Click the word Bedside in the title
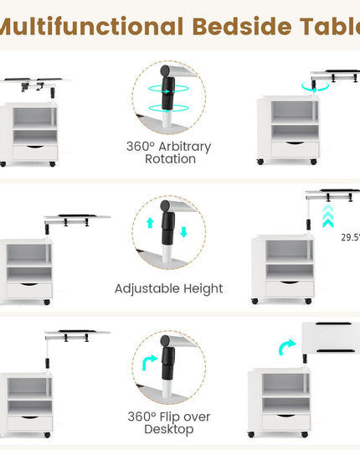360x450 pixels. tap(242, 27)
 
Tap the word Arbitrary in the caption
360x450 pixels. tap(184, 147)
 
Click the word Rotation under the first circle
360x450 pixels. tap(170, 159)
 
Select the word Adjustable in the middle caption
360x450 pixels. tap(147, 289)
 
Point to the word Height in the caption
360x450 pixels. tap(203, 289)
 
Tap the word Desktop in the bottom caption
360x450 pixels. tap(169, 430)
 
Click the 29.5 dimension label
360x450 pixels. tap(350, 238)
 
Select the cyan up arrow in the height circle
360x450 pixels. tap(150, 223)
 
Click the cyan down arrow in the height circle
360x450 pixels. tap(183, 232)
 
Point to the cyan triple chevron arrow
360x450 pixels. tap(328, 216)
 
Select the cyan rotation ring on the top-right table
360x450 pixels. tap(315, 87)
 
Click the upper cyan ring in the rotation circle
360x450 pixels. tap(168, 89)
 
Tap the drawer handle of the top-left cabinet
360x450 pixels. tap(34, 147)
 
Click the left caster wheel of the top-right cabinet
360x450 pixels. tap(260, 162)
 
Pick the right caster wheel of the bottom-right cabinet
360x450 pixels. tap(305, 435)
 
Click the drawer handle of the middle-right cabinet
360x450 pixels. tap(289, 282)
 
